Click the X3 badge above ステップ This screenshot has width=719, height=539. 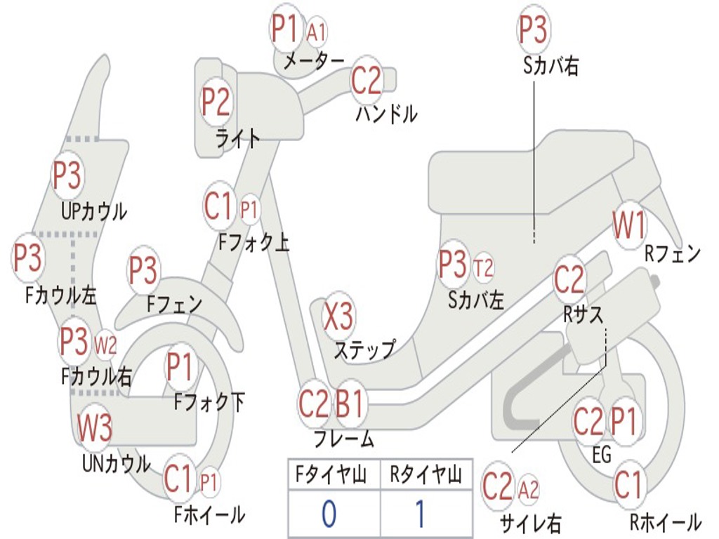(x=338, y=317)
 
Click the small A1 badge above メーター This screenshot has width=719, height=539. (x=317, y=32)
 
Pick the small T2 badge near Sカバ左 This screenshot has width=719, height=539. (x=483, y=267)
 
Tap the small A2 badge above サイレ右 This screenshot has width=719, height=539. (x=529, y=489)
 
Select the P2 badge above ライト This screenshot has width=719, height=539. (x=216, y=102)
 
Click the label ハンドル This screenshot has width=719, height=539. (x=386, y=113)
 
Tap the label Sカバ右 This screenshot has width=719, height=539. (x=551, y=66)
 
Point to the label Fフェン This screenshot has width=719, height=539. (x=175, y=305)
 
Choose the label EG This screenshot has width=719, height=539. (x=602, y=455)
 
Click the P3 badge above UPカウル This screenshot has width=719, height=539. (x=67, y=176)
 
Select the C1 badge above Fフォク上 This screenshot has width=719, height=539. (x=218, y=206)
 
